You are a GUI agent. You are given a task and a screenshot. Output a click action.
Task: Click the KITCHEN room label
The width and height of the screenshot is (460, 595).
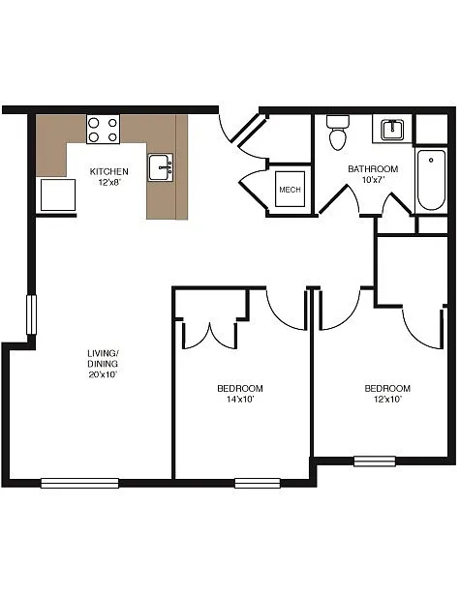tap(108, 171)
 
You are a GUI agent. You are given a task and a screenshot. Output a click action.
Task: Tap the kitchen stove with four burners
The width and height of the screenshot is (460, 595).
tap(103, 130)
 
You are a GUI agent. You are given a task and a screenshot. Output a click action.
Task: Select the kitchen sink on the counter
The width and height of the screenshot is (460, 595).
tap(161, 167)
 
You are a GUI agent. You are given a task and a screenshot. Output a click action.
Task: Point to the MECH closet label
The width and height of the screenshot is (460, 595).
tap(290, 190)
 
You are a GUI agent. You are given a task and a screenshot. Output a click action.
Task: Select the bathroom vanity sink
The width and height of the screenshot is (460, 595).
tap(394, 129)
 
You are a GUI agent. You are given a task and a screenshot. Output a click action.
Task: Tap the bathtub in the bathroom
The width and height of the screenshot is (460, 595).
tap(429, 181)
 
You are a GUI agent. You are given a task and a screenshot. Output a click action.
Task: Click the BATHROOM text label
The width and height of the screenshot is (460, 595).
tap(373, 168)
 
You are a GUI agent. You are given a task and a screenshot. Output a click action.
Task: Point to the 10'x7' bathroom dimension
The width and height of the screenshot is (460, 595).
tap(373, 180)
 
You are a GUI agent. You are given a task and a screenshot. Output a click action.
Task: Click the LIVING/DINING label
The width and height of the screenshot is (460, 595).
tap(103, 357)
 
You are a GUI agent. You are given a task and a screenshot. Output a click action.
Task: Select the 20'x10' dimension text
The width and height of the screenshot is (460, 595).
tap(103, 374)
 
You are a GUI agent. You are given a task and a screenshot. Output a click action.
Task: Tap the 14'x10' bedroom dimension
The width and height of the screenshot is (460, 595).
tap(239, 400)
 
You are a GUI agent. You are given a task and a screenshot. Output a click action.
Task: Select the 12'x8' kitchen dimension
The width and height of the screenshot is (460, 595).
tap(108, 182)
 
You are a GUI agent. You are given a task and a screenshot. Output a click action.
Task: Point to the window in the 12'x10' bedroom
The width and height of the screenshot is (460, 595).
tap(375, 461)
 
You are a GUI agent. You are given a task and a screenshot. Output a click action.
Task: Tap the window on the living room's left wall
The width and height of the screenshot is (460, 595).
tap(31, 316)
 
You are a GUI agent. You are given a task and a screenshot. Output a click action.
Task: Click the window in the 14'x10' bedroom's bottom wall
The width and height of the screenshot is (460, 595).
tap(257, 482)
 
